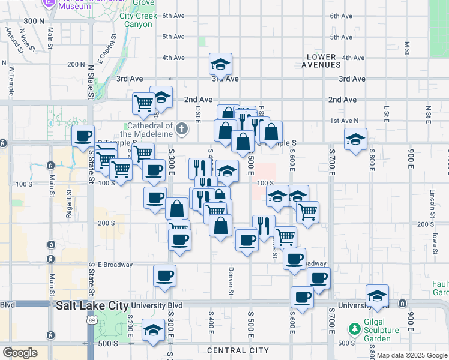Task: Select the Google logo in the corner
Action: pyautogui.click(x=20, y=353)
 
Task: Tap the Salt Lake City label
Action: pyautogui.click(x=92, y=305)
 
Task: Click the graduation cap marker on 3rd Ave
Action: pyautogui.click(x=220, y=64)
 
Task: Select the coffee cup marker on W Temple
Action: pyautogui.click(x=83, y=136)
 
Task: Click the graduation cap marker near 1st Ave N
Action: pyautogui.click(x=355, y=139)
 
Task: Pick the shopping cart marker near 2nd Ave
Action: pyautogui.click(x=143, y=103)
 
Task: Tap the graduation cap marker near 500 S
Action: pyautogui.click(x=153, y=331)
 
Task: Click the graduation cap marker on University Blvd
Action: pyautogui.click(x=377, y=296)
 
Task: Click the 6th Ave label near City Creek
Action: pyautogui.click(x=173, y=16)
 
